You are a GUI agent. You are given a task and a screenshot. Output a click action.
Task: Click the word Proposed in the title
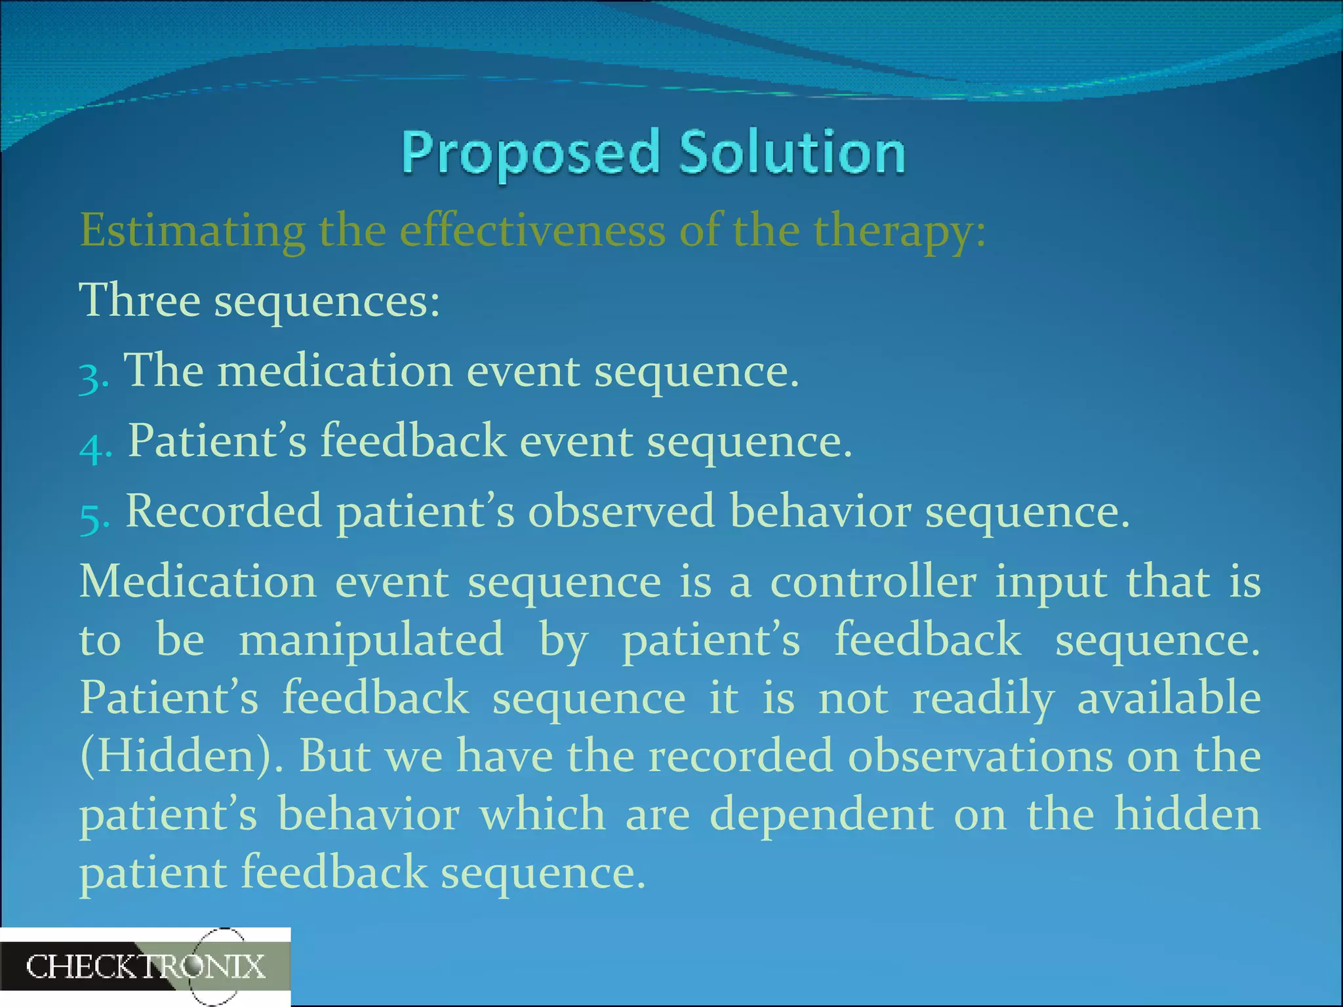530,153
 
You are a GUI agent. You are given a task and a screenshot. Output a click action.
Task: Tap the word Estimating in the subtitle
192,231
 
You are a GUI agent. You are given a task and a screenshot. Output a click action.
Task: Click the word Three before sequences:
139,300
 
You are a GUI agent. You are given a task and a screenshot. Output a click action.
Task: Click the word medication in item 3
335,371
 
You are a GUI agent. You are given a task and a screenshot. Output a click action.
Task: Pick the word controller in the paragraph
873,582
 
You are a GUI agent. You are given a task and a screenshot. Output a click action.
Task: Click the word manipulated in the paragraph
371,640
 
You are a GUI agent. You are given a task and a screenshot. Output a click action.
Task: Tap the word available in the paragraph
1169,698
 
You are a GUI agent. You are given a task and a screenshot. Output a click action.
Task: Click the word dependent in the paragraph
822,815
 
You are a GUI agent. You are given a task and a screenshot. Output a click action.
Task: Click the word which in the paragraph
542,815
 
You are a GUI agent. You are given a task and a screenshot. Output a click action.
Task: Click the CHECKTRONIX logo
145,967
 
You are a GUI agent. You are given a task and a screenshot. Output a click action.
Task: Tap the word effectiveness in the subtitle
532,231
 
